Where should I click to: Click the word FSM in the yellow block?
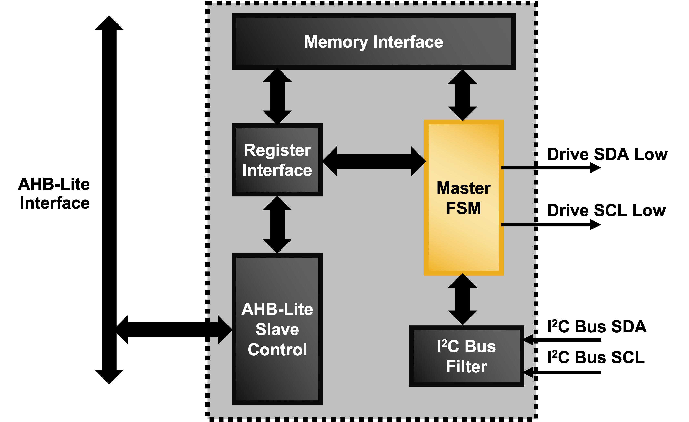[x=463, y=208]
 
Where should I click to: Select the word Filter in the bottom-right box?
[x=466, y=367]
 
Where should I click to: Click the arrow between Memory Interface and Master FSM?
[x=463, y=95]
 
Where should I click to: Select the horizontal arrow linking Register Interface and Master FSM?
[x=374, y=161]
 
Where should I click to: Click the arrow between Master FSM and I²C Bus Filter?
[x=463, y=300]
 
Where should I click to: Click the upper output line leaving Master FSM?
[x=518, y=168]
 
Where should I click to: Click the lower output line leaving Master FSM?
[x=518, y=224]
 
